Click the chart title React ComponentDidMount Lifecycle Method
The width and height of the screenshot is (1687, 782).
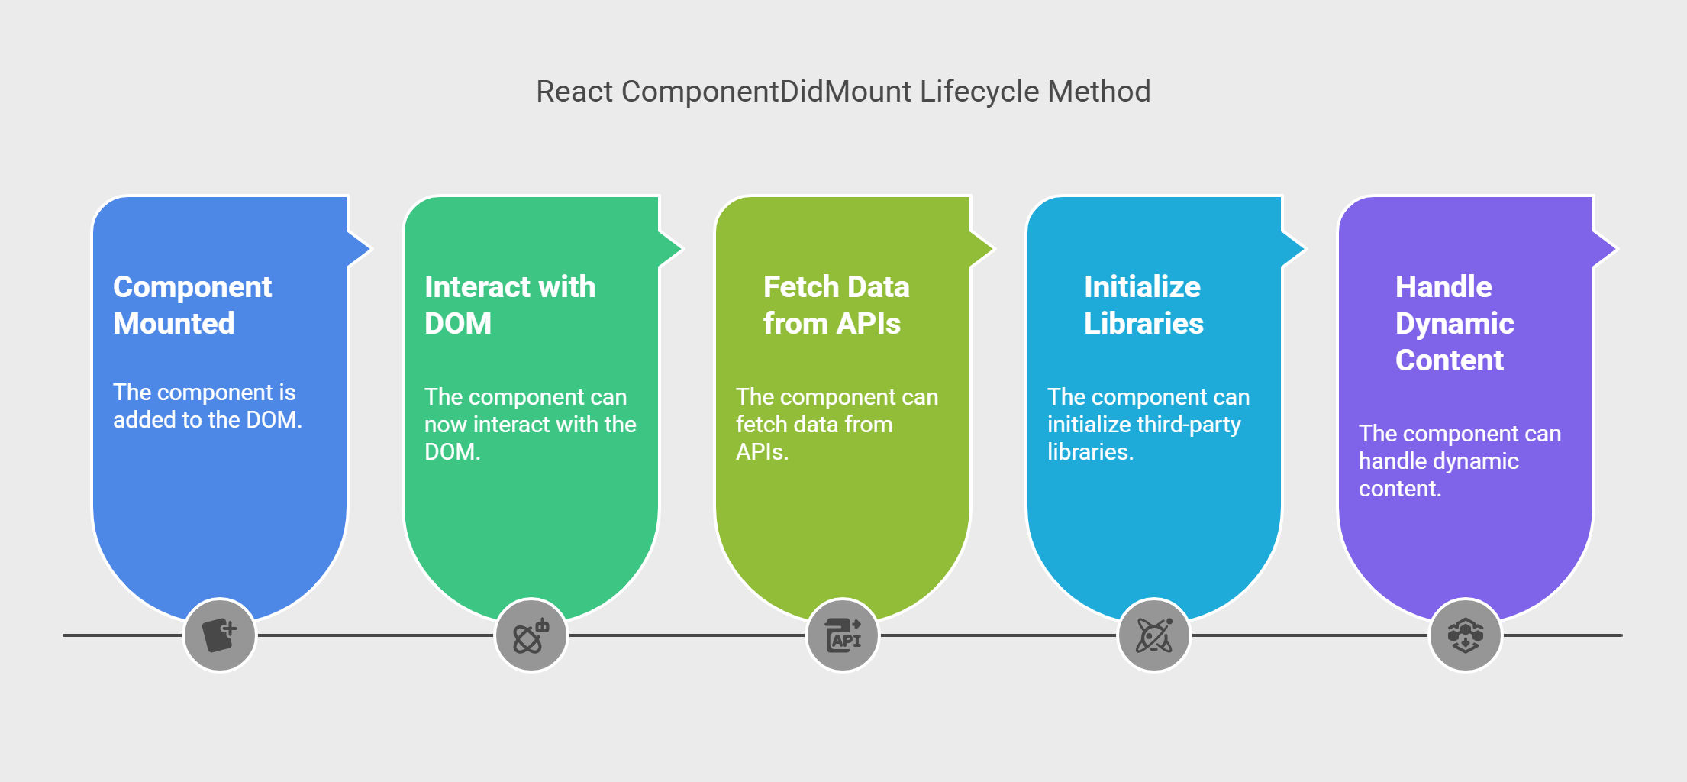(x=843, y=92)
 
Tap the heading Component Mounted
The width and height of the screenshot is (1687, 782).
(x=192, y=305)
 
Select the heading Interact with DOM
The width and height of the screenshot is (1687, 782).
(x=510, y=305)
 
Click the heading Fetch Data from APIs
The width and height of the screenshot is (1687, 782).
(x=837, y=305)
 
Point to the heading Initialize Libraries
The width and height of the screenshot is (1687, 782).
(x=1143, y=305)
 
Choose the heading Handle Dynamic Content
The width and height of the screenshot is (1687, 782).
(x=1455, y=323)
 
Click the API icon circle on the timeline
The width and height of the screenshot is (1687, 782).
(x=843, y=635)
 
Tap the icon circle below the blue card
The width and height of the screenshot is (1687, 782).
(x=220, y=635)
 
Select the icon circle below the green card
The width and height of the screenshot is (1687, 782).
(x=531, y=635)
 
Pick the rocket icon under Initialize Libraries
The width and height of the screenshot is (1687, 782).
(x=1154, y=635)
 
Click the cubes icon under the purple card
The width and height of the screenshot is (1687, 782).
(x=1466, y=635)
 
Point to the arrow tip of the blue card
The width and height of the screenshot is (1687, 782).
(x=370, y=248)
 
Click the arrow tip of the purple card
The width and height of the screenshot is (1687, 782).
(x=1616, y=248)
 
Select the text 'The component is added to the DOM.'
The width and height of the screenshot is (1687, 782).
(x=208, y=406)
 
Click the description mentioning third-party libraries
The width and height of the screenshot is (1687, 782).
(x=1148, y=424)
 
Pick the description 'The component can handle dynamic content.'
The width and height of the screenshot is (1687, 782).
(x=1460, y=460)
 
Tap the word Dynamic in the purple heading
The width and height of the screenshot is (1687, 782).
(x=1455, y=324)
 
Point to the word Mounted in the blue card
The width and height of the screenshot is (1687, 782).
(x=174, y=324)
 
